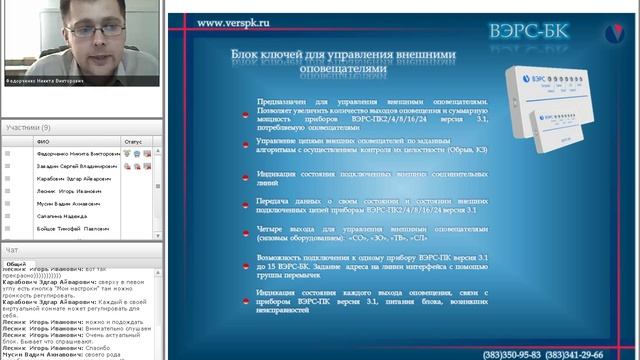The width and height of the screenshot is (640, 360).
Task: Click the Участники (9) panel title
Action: pos(28,128)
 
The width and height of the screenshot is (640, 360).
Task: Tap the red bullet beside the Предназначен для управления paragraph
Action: pos(247,117)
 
